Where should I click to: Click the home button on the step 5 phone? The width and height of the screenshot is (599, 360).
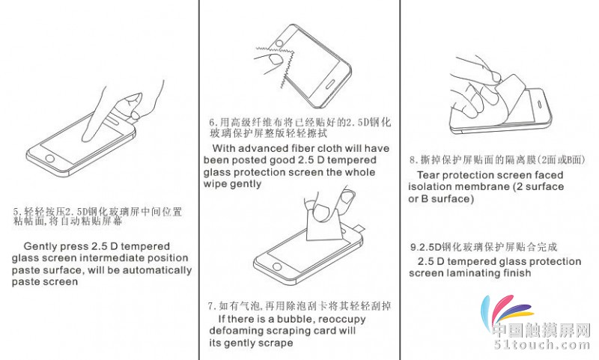click(50, 158)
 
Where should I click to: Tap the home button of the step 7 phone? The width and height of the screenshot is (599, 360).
click(276, 266)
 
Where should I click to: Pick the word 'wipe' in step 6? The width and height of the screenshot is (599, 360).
click(213, 184)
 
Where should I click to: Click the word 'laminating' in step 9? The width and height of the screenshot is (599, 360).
click(472, 273)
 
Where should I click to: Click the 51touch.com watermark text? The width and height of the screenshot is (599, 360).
click(542, 346)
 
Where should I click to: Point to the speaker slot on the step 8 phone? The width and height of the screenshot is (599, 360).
click(540, 105)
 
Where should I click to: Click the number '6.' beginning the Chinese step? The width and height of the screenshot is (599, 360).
click(213, 123)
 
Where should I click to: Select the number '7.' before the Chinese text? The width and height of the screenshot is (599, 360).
click(212, 306)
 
